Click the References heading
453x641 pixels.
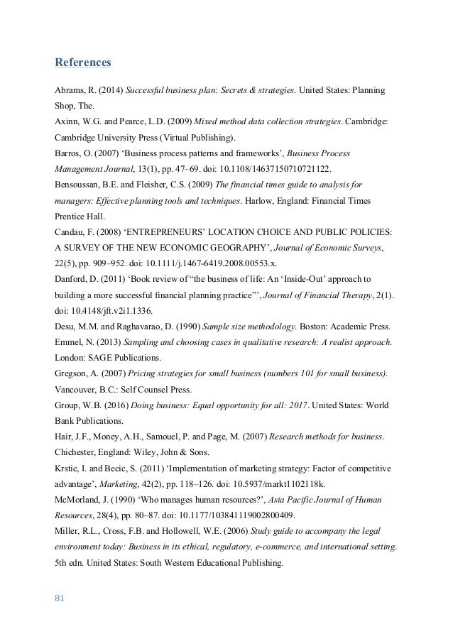coord(83,63)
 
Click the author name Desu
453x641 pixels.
coord(67,324)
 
